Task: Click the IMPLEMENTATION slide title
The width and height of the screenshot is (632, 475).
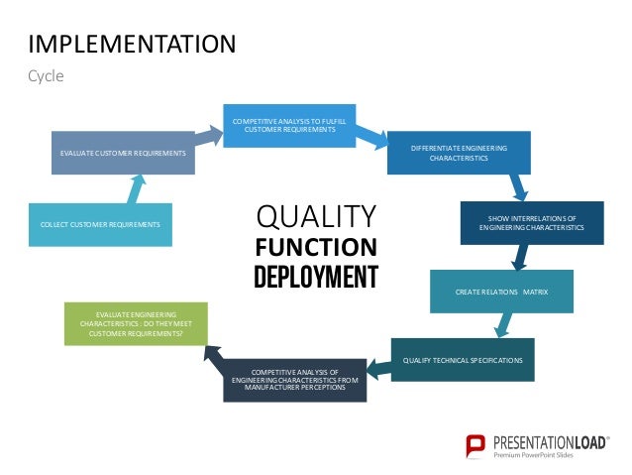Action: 132,44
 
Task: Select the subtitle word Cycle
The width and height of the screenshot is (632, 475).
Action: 46,75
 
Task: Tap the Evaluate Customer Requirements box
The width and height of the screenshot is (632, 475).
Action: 123,153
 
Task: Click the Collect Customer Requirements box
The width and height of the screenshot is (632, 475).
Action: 100,225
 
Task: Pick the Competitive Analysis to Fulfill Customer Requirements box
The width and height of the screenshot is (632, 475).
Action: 289,125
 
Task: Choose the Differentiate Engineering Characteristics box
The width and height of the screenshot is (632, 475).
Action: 458,153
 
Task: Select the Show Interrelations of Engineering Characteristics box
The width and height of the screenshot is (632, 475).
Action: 532,224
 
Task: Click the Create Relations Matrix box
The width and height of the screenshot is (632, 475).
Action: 501,292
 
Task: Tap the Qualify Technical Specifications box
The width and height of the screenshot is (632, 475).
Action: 463,359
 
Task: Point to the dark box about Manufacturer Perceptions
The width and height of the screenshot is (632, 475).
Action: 293,379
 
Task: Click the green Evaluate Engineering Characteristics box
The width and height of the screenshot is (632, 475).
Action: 136,323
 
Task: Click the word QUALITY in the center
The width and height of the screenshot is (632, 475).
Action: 316,216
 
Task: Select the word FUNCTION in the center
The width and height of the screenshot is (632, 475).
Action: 316,247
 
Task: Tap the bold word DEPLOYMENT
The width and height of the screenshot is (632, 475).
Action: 316,277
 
